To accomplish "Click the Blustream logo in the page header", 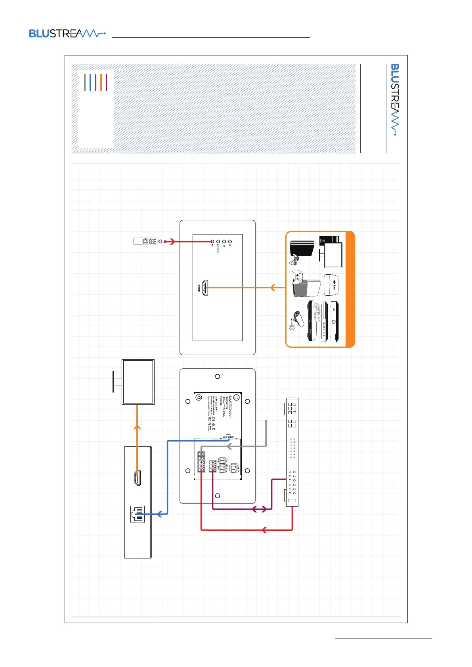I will [67, 34].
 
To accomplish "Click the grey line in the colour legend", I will [85, 82].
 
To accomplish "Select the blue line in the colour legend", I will [90, 82].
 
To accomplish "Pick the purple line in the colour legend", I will [106, 82].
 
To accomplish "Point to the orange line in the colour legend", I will [101, 82].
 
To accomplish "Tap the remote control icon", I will [146, 241].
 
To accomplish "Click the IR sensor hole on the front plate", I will [212, 241].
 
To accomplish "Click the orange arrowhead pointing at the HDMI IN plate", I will [272, 288].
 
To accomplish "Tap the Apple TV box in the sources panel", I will [333, 285].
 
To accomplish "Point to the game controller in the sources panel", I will [298, 276].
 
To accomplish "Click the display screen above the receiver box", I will [138, 382].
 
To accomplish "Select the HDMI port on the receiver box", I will [137, 478].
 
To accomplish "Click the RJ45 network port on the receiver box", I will [137, 514].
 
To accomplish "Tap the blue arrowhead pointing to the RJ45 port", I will [159, 514].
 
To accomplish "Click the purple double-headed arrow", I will [260, 509].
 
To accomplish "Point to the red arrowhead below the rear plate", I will [264, 530].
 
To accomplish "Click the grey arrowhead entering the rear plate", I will [229, 447].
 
